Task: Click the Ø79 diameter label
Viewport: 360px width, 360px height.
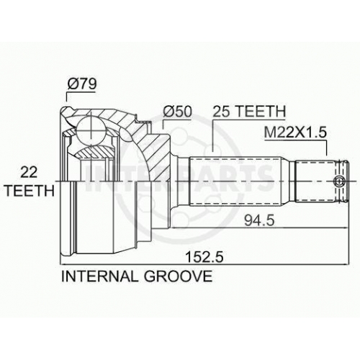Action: point(82,84)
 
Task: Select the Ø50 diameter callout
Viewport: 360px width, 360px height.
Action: point(177,112)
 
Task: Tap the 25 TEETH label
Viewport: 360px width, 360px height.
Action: point(249,111)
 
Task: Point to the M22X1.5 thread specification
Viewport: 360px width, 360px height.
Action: point(295,132)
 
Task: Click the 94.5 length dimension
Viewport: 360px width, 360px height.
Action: point(259,220)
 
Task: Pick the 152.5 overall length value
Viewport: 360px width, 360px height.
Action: point(204,257)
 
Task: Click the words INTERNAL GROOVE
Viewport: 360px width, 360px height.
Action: point(137,276)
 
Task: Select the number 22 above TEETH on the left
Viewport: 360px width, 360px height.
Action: point(29,172)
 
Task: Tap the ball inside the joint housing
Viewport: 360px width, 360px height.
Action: point(91,131)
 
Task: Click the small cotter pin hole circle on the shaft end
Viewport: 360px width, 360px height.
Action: point(338,181)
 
